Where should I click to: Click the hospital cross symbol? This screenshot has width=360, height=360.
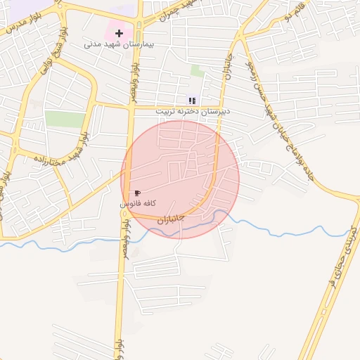120,32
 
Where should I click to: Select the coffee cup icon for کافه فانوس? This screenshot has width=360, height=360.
137,193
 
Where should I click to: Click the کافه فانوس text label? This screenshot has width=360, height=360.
138,203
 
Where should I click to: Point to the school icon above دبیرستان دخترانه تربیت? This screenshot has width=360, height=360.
192,101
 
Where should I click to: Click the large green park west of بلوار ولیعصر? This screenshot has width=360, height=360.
65,119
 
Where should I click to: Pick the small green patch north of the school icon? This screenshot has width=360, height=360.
198,71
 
